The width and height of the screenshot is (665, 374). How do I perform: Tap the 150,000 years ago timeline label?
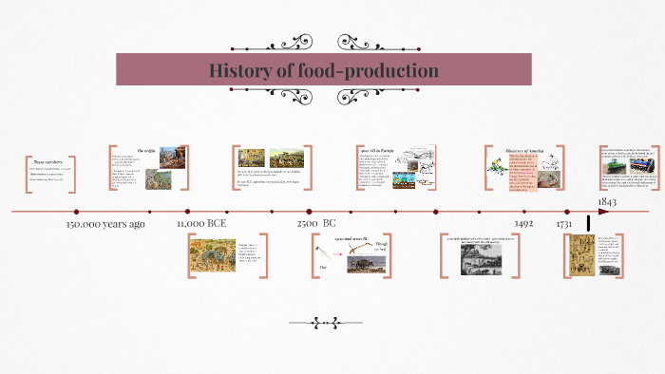point(105,225)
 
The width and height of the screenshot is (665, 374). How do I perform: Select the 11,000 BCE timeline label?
point(201,225)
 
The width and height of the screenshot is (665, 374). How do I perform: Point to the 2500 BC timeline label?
point(316,224)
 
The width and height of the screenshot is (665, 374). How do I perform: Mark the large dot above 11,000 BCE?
point(188,212)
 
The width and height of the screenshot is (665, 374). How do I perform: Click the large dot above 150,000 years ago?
point(76,212)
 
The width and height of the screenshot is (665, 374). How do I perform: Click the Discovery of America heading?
point(522,150)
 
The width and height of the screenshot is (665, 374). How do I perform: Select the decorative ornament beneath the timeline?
point(332,321)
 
